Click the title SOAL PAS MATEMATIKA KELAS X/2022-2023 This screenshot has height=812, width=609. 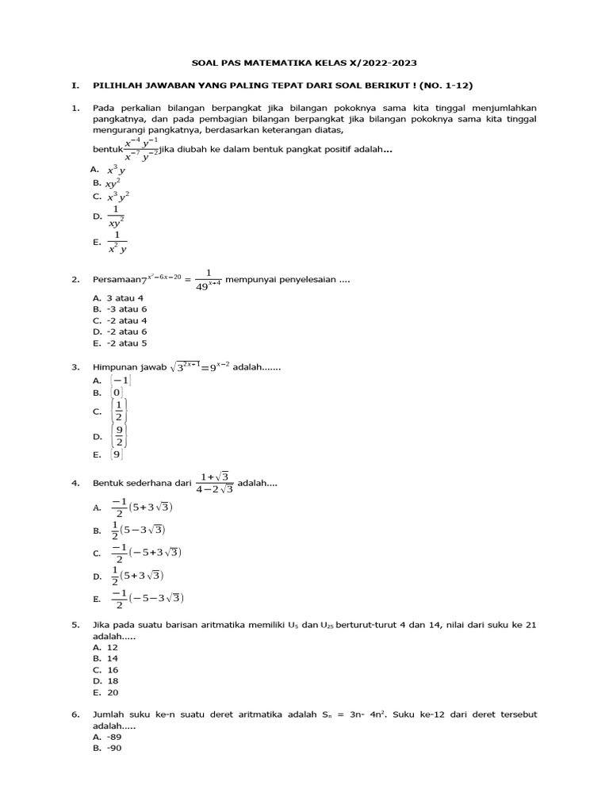click(304, 61)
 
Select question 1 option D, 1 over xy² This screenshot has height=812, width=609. click(117, 216)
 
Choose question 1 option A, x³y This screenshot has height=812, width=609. click(116, 170)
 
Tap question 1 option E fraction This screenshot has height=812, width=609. click(117, 242)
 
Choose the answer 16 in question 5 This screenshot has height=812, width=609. click(113, 669)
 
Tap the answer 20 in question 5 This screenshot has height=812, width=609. click(113, 691)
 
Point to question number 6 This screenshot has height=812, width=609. click(75, 714)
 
